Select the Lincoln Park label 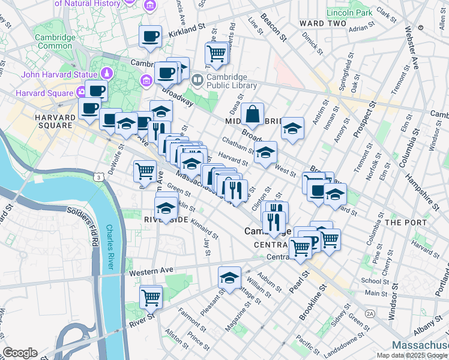(349, 12)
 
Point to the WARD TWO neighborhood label (322, 23)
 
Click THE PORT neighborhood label (406, 222)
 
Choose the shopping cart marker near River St (151, 296)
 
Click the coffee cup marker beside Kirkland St (150, 36)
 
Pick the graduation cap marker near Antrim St (292, 128)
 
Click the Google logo (20, 352)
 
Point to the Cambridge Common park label (55, 41)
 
